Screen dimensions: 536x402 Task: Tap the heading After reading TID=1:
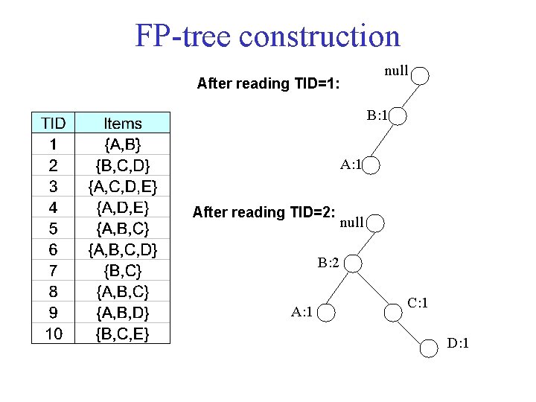point(269,83)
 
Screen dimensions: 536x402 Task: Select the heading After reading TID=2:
point(263,212)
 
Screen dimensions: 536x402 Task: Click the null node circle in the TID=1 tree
point(421,75)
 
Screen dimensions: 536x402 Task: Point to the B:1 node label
point(377,116)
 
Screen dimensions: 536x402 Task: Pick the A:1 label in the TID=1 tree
point(351,165)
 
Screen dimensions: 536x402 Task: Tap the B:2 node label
point(328,263)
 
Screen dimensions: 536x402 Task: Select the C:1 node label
point(417,303)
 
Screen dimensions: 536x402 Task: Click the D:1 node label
point(458,343)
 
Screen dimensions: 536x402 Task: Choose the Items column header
point(123,123)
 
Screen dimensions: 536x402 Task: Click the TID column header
point(54,123)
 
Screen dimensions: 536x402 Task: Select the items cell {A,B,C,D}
point(123,249)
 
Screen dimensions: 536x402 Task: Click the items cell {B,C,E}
point(123,334)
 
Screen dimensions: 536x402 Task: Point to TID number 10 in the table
point(54,334)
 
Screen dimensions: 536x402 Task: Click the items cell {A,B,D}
point(123,312)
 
